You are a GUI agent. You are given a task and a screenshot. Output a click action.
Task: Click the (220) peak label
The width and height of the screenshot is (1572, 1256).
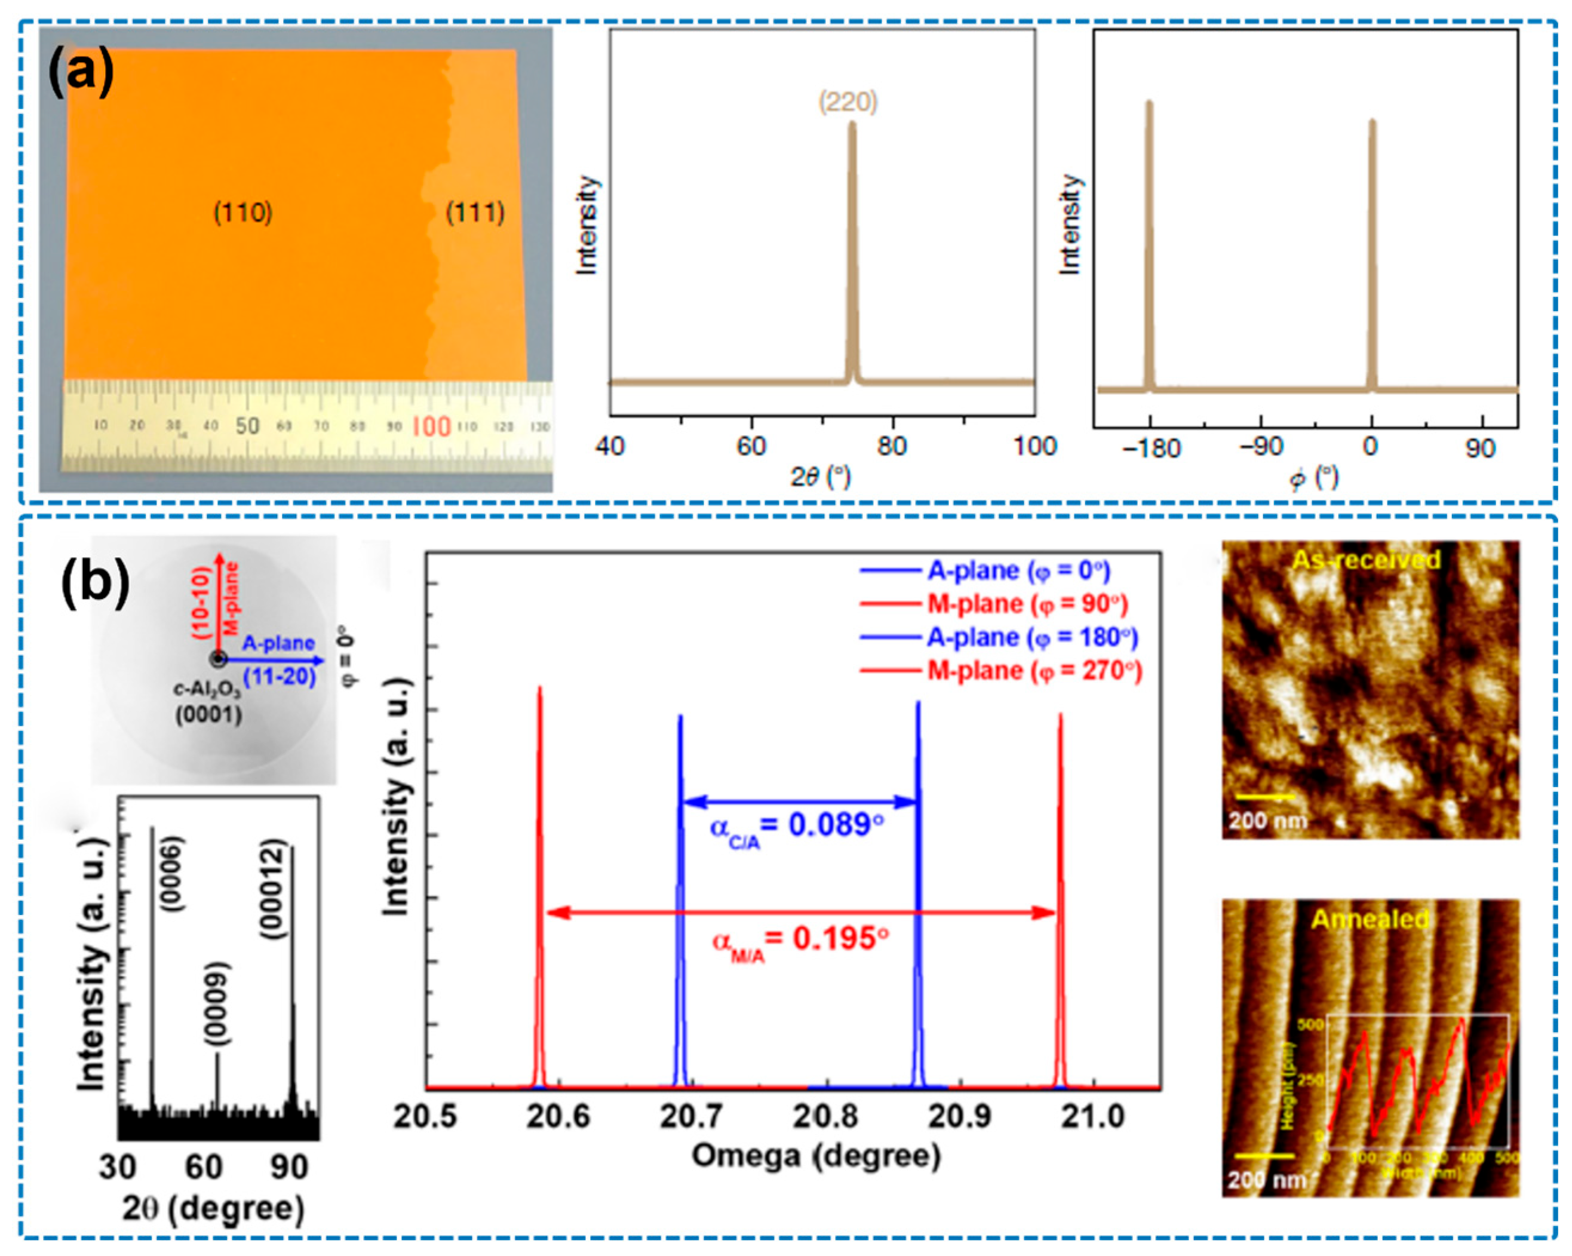[848, 102]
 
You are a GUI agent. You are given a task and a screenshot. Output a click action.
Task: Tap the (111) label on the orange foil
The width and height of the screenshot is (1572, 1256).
[475, 213]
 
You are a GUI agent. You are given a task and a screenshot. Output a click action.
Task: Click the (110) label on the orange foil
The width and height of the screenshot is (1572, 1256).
[243, 213]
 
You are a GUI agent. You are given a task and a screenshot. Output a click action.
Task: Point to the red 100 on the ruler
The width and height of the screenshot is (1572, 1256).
[431, 426]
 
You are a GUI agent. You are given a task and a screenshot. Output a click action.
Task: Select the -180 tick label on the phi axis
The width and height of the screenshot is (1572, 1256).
[1150, 447]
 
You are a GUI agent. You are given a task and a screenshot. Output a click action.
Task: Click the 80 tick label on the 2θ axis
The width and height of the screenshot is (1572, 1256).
[891, 446]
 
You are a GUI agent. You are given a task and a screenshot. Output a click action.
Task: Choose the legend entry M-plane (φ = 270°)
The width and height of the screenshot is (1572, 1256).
[1034, 671]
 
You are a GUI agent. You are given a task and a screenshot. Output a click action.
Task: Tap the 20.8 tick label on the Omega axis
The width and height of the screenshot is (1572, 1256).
[825, 1116]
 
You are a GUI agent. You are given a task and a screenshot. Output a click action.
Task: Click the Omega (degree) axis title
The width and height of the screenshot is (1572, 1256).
[816, 1156]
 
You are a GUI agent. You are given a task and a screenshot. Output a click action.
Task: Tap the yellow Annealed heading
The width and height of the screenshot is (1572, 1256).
[1370, 919]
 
